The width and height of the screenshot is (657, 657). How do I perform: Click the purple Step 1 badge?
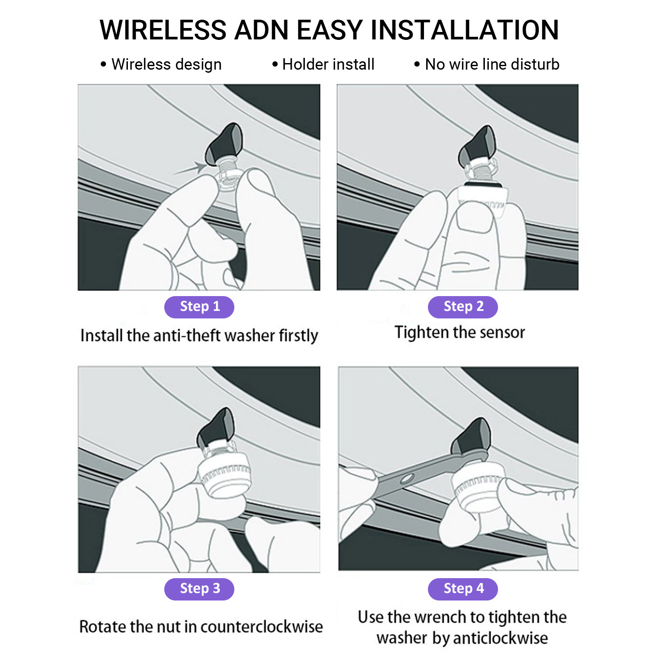[x=199, y=307]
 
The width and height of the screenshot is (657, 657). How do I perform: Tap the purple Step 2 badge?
[x=463, y=307]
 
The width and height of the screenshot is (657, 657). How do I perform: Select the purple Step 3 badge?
[x=199, y=589]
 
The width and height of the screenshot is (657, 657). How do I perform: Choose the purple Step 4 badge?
[x=463, y=589]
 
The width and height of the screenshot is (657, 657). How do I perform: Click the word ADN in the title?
[x=261, y=30]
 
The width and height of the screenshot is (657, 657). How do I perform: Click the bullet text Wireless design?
[x=166, y=64]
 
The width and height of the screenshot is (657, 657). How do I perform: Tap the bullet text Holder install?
[x=328, y=64]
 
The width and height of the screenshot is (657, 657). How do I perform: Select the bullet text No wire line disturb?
[x=492, y=64]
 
